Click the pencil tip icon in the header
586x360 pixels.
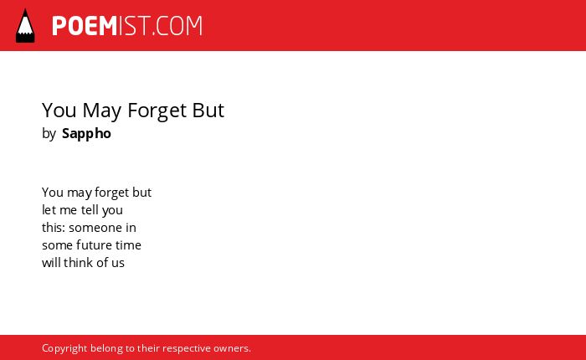coord(25,26)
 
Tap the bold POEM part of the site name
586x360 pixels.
coord(85,26)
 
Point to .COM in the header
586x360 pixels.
coord(177,26)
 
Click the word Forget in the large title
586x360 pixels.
coord(157,111)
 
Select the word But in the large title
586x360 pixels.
coord(208,110)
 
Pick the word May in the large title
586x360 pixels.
coord(101,111)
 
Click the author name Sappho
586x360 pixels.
coord(86,134)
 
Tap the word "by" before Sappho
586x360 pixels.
coord(49,134)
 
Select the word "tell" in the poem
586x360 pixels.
coord(90,209)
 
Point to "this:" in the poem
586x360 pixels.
coord(54,227)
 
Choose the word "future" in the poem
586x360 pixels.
coord(94,244)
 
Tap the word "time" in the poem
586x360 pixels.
coord(128,244)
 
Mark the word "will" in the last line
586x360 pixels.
coord(51,262)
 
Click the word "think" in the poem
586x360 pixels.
coord(78,262)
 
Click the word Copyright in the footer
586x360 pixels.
coord(64,348)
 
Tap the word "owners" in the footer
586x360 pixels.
coord(231,349)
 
